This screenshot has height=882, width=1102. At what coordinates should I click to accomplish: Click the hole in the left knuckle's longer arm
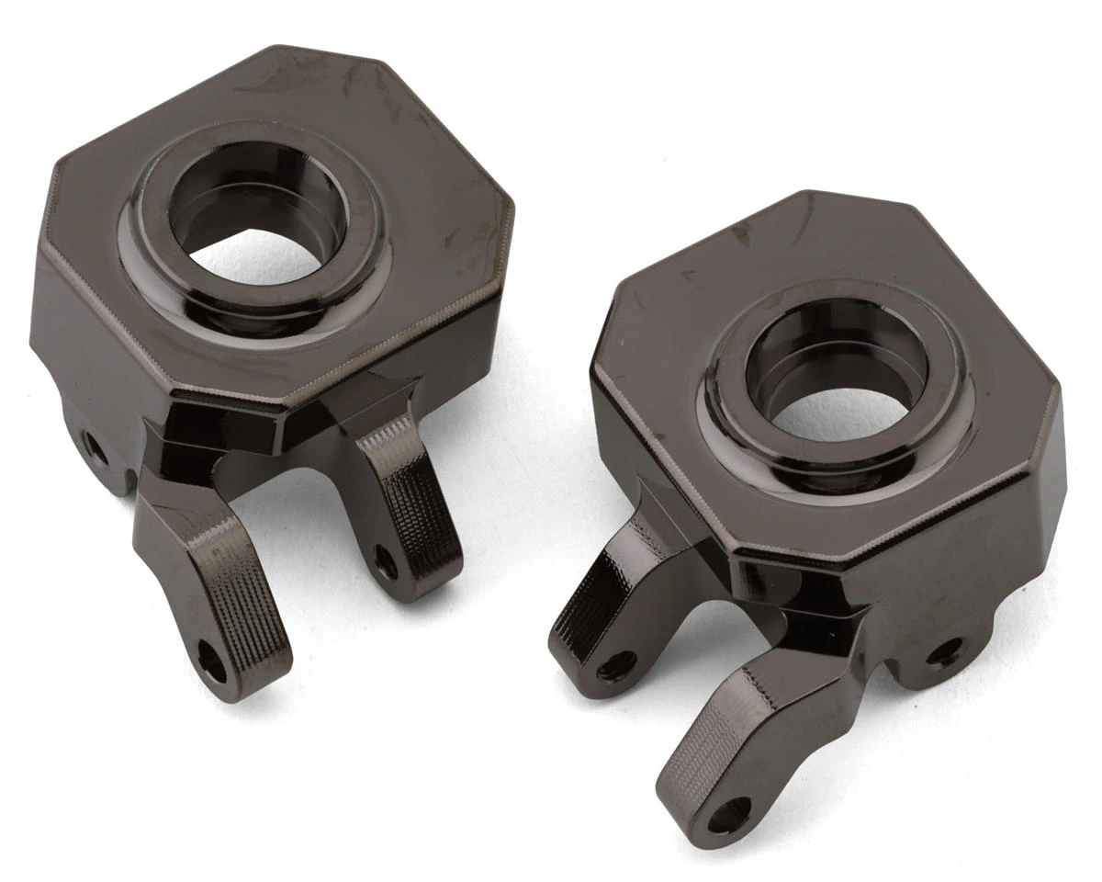212,662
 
